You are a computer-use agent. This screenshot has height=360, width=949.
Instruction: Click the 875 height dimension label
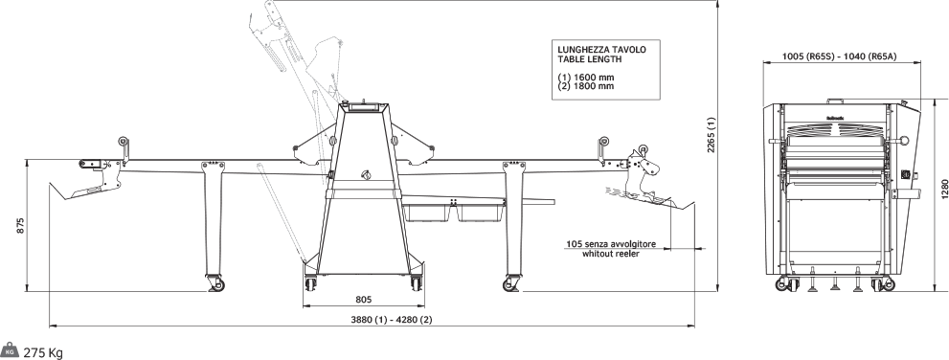20,225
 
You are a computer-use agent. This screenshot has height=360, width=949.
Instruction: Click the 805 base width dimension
363,299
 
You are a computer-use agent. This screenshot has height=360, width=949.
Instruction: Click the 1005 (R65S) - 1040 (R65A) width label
839,56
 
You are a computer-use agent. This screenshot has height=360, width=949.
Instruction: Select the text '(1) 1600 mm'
586,78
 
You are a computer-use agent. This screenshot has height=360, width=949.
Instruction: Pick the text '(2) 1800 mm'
586,86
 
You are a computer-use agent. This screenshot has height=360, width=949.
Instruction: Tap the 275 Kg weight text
43,353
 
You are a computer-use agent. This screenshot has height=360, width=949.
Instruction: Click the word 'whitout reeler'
610,254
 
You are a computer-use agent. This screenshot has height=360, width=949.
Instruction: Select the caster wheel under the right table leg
511,284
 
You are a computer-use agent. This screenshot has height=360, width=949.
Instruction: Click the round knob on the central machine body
365,175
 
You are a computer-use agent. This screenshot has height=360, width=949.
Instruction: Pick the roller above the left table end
124,143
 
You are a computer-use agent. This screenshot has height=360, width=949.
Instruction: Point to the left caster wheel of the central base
310,283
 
